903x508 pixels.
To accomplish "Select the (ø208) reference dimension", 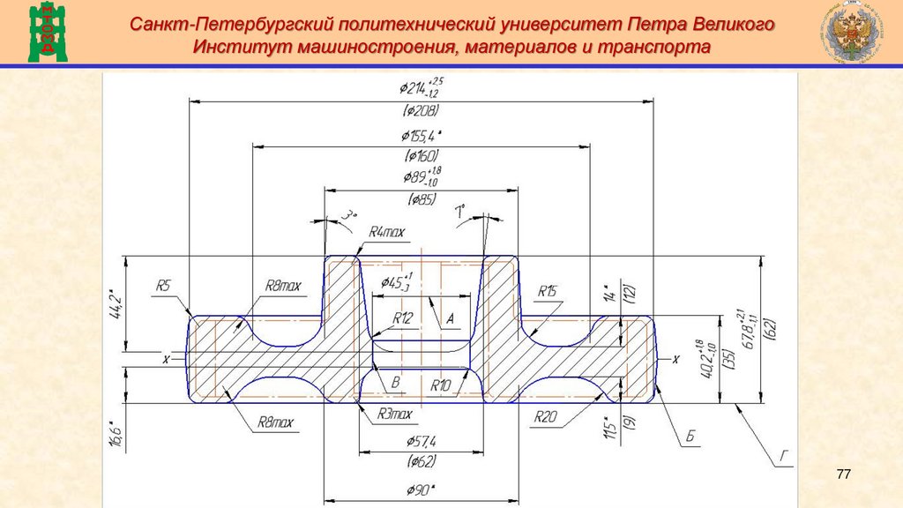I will [x=421, y=112].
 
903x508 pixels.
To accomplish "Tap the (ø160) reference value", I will [x=421, y=156].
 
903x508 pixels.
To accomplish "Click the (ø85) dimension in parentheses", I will [x=421, y=199].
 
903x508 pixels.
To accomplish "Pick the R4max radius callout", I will [x=386, y=232].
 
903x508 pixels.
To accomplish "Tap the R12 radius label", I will [x=403, y=317].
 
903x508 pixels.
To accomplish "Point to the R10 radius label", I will [x=441, y=385].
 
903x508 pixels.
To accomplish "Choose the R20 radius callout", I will [x=544, y=418].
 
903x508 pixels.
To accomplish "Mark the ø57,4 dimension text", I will [x=422, y=440].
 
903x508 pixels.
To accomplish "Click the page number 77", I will [x=843, y=475].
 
